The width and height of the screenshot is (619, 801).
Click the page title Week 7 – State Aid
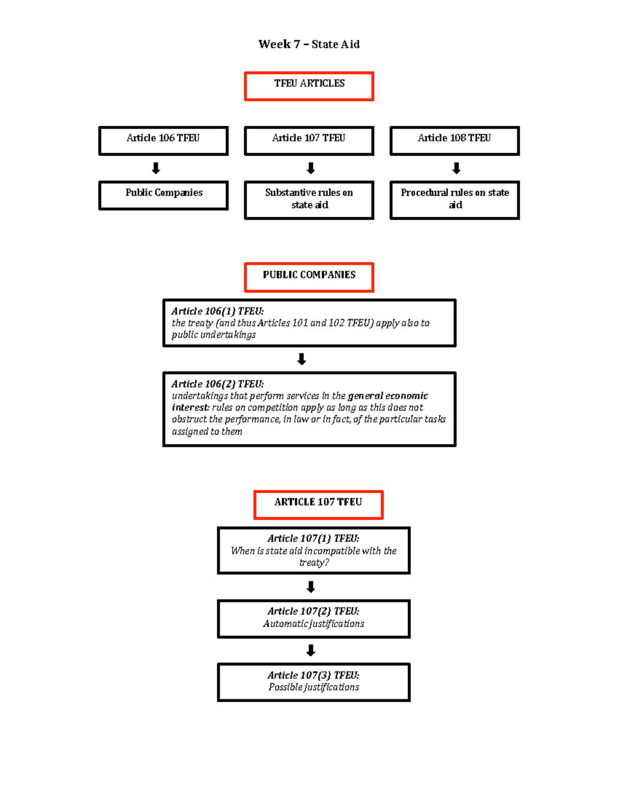(x=309, y=44)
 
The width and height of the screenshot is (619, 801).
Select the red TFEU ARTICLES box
(x=309, y=86)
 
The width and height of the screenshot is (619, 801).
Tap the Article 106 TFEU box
(x=164, y=140)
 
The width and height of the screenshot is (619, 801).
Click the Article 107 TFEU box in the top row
(x=309, y=140)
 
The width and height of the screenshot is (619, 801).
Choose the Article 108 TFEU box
(x=454, y=140)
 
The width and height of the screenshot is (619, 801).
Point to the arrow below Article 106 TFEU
(x=156, y=168)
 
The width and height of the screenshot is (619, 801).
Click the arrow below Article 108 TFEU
(x=456, y=168)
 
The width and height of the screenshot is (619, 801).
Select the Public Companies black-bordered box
(x=164, y=195)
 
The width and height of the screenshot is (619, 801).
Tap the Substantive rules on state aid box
(x=309, y=200)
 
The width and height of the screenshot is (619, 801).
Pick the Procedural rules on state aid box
(x=454, y=200)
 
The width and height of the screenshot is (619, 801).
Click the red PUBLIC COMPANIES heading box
(x=309, y=277)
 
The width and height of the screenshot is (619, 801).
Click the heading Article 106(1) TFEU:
(x=218, y=311)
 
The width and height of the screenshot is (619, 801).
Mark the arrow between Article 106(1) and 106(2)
(x=302, y=359)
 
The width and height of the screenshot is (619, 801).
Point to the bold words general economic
(x=388, y=396)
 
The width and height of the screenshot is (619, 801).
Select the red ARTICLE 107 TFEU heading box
(x=318, y=504)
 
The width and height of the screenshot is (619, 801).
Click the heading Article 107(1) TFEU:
(x=313, y=538)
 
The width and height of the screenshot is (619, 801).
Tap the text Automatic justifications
(x=313, y=624)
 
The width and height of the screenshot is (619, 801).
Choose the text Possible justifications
(x=313, y=687)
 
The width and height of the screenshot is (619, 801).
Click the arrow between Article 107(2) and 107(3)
(x=311, y=650)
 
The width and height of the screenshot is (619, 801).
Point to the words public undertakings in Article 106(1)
(x=214, y=335)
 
